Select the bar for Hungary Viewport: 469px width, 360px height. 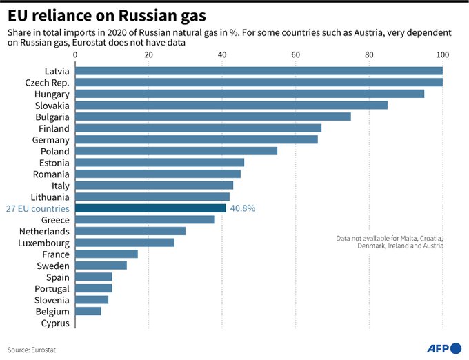(x=249, y=94)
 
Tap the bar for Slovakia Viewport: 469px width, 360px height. (x=231, y=106)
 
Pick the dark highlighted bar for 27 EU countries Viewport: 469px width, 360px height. (x=150, y=208)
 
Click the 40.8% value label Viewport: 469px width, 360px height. (x=243, y=208)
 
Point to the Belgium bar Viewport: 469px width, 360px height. (x=88, y=311)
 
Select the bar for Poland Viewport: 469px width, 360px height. (x=176, y=151)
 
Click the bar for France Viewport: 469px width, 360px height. (x=106, y=254)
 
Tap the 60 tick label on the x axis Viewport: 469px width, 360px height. (x=295, y=54)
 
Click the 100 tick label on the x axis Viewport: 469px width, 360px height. (x=442, y=54)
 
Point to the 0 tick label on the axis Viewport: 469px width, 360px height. (x=74, y=54)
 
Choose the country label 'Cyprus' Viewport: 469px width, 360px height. (x=55, y=323)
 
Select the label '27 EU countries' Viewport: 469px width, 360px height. (x=37, y=208)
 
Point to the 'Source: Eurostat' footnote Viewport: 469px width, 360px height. (x=32, y=350)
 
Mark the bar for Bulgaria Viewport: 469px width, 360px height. (x=212, y=117)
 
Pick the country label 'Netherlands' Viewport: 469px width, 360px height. (x=44, y=231)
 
